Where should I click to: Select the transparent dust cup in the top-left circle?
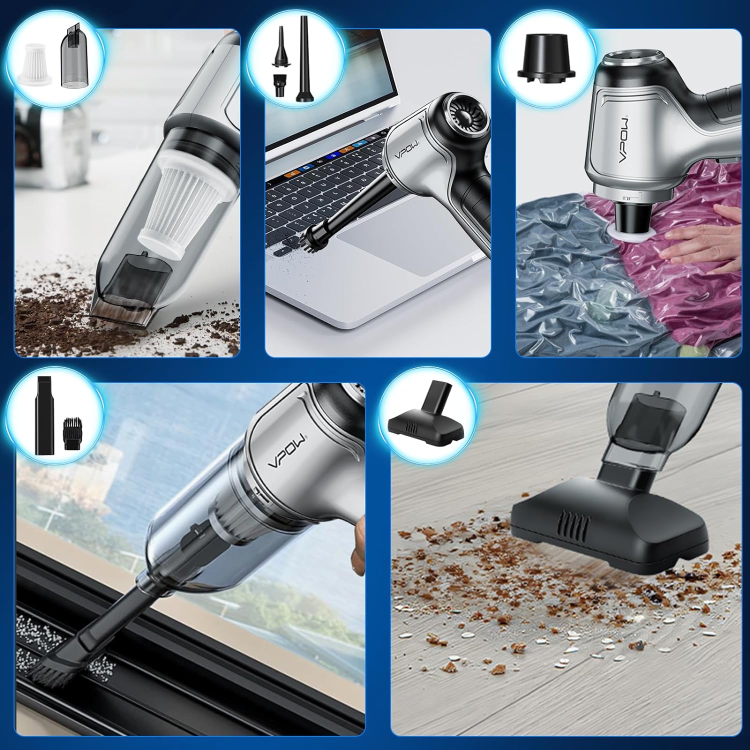pos(73,59)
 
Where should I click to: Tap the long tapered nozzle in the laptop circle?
pos(302,59)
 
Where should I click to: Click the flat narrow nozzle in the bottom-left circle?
pos(44,423)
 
